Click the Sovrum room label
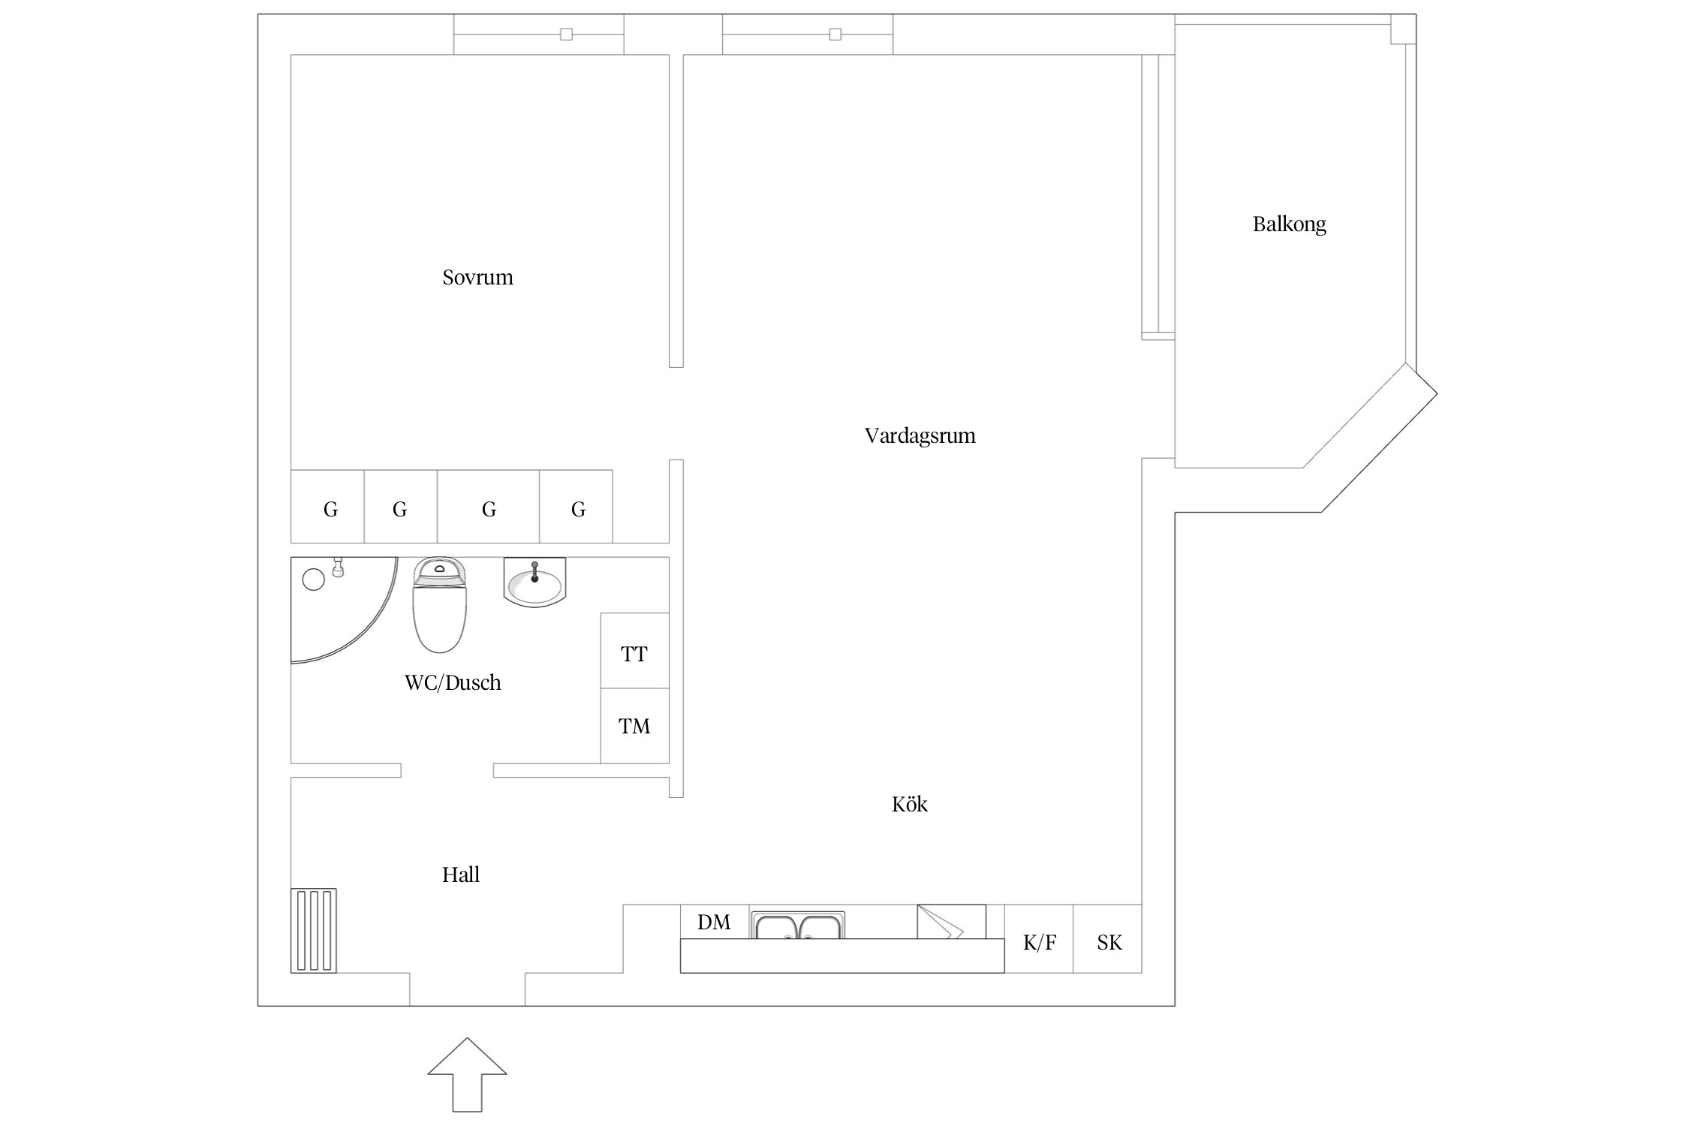tap(477, 278)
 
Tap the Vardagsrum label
tap(920, 436)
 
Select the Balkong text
tap(1289, 224)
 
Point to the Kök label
tap(909, 804)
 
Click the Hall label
tap(460, 875)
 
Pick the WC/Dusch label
tap(453, 682)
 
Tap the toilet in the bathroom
tap(440, 604)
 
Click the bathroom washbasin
tap(534, 582)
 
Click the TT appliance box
tap(634, 651)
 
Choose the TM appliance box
tap(634, 726)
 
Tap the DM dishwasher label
tap(714, 923)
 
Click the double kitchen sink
tap(799, 926)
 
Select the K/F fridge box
tap(1039, 939)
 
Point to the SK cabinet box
tap(1108, 939)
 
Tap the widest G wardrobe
tap(488, 507)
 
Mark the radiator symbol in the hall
tap(314, 931)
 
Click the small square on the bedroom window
tap(567, 35)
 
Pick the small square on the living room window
tap(835, 35)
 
